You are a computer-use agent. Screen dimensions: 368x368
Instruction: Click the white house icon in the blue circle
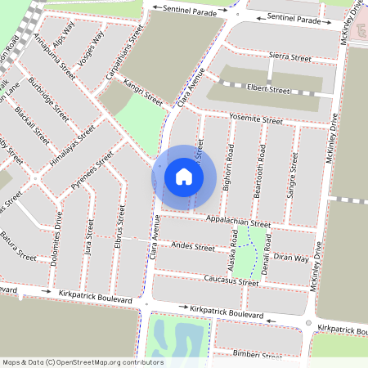pos(184,177)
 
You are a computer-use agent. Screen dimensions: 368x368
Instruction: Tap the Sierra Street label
pos(290,58)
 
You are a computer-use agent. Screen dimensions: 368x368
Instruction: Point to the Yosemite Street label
pos(256,119)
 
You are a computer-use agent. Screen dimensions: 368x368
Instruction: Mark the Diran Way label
pos(291,258)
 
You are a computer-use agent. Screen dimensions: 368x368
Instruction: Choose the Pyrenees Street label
pos(92,176)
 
